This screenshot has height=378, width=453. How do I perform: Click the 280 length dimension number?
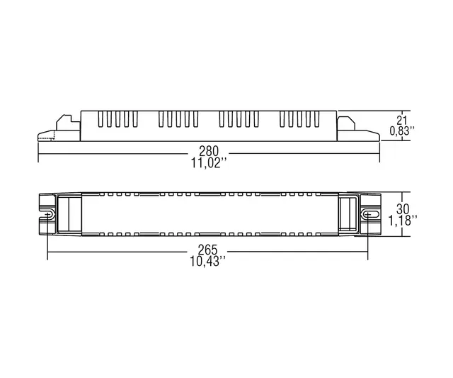tap(210, 152)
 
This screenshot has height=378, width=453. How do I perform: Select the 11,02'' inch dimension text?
tap(210, 164)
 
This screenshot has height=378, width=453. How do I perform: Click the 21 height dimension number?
tap(401, 120)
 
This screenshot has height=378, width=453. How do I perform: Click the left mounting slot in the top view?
tap(50, 213)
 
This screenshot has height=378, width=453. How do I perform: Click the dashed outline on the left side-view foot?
tap(46, 135)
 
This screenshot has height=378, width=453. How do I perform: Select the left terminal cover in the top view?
tap(69, 213)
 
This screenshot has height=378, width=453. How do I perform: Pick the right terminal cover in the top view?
tap(348, 213)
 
